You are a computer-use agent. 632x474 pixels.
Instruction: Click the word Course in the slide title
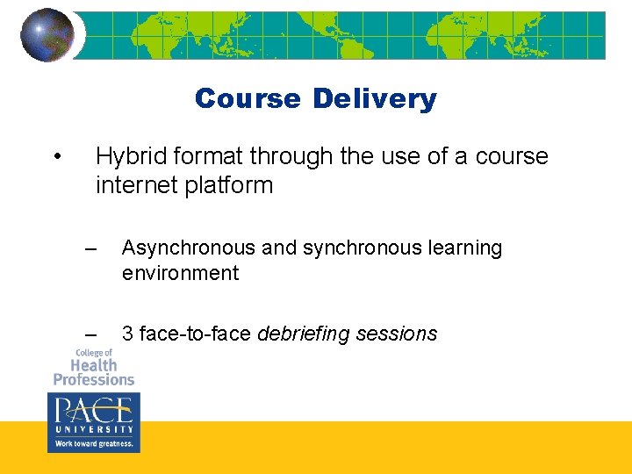tap(248, 98)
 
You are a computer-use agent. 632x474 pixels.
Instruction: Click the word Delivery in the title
tap(374, 98)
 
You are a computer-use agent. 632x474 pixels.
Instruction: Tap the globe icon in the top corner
tap(47, 35)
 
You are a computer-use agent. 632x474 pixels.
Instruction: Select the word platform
tap(233, 185)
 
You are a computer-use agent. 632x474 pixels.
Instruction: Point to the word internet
tap(140, 185)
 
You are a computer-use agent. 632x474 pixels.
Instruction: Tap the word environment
tap(180, 273)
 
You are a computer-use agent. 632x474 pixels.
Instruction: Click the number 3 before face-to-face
tap(127, 334)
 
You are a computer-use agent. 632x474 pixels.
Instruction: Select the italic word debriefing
tap(307, 334)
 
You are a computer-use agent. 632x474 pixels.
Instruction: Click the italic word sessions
tap(399, 334)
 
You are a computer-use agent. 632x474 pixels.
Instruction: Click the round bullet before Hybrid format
tap(56, 157)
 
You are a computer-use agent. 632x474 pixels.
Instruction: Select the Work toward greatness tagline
tap(93, 444)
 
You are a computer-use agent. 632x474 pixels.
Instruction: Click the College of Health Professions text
tap(93, 367)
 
